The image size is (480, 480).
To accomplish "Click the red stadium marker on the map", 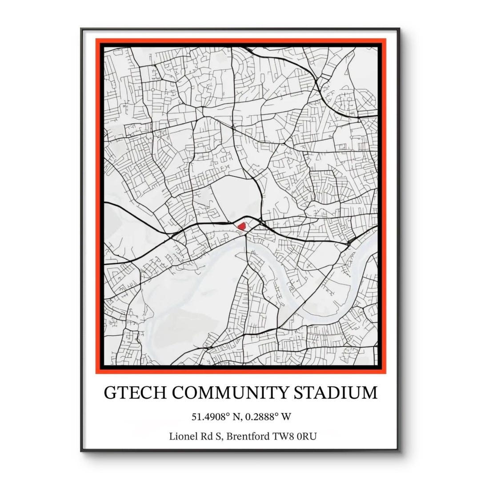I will pyautogui.click(x=242, y=226).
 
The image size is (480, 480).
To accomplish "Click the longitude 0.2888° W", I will pyautogui.click(x=271, y=417).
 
